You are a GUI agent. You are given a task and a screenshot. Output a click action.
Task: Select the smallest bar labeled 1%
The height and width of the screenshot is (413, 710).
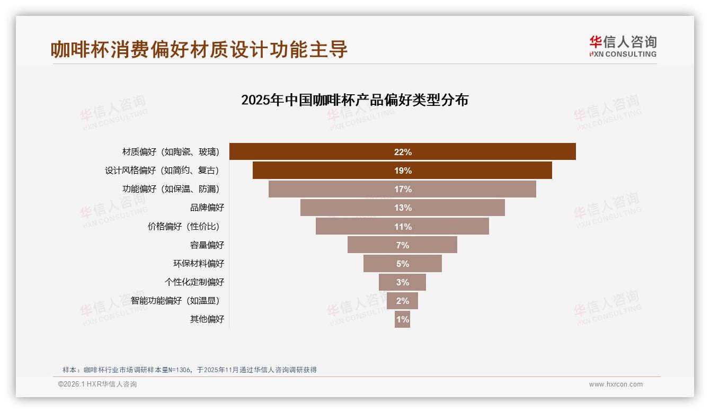click(x=402, y=319)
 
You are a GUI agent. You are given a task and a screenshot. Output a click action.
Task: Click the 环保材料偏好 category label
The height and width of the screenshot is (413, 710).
click(x=199, y=264)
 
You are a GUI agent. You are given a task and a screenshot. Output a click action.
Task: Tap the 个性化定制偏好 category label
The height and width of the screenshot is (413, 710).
click(x=194, y=282)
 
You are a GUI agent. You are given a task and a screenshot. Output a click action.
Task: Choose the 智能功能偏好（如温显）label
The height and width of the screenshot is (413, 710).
click(x=175, y=301)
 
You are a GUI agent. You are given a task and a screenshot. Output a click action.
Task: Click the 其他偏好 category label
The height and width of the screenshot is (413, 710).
click(x=207, y=319)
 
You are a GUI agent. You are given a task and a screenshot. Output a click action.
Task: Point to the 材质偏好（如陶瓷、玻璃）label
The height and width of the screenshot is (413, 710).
click(x=171, y=152)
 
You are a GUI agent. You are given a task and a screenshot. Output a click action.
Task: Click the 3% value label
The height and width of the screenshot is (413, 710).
click(x=403, y=282)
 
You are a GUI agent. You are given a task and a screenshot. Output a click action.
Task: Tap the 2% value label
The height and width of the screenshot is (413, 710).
click(x=403, y=301)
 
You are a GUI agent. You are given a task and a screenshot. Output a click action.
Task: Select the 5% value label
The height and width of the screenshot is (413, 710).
click(x=403, y=264)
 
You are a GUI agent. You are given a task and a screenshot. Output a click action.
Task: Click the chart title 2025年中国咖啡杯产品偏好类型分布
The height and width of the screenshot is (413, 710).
click(x=354, y=100)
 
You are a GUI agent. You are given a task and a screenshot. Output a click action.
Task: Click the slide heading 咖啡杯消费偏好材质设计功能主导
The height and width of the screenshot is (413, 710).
click(x=199, y=49)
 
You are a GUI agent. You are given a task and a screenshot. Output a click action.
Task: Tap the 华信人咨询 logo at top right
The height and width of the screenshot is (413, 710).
click(x=623, y=47)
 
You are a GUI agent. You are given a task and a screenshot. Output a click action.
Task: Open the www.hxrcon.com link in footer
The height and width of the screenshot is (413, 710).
click(x=616, y=384)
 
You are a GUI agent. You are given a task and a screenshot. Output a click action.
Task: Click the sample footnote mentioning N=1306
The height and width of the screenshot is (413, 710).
click(x=190, y=370)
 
